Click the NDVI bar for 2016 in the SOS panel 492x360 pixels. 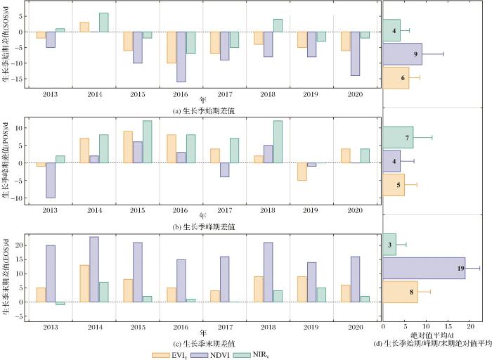tap(181, 57)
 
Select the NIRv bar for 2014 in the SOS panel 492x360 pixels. tap(103, 22)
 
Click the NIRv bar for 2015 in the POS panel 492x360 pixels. tap(148, 142)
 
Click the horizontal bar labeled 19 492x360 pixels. tap(424, 268)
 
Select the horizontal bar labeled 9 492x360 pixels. tap(402, 54)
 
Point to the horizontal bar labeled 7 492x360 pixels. tap(398, 137)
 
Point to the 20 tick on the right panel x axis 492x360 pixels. tap(469, 327)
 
